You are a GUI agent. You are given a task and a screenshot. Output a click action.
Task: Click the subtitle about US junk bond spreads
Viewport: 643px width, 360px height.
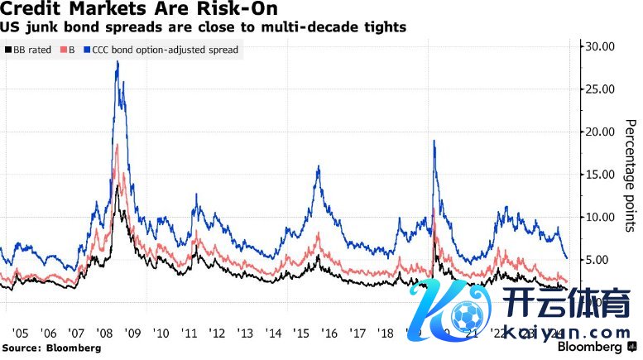(204, 27)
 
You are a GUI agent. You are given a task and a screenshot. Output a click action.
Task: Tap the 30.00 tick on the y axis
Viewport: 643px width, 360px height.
(600, 46)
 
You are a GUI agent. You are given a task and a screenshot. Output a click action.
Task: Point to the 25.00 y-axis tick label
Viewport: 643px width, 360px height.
(600, 89)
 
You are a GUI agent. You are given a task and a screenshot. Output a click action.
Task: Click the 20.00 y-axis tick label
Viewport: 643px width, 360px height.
(600, 132)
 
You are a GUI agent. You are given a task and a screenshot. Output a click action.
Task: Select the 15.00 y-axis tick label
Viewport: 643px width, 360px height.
(600, 175)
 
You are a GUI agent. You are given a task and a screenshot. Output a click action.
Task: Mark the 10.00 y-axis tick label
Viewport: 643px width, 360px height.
(600, 217)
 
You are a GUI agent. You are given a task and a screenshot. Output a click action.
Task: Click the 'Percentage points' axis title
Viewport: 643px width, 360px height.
(630, 174)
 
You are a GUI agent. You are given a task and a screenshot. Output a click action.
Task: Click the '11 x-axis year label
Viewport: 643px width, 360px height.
(190, 333)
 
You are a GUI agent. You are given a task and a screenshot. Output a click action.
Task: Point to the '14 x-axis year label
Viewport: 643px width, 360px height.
(274, 333)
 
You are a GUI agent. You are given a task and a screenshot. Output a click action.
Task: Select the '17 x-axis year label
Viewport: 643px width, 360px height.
(358, 333)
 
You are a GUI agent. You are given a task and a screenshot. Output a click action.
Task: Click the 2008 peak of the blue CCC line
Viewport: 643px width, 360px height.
(118, 62)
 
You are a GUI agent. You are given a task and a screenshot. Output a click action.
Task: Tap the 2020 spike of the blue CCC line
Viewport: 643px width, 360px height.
(434, 142)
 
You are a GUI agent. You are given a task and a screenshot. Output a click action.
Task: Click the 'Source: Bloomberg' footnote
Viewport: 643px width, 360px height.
(50, 348)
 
